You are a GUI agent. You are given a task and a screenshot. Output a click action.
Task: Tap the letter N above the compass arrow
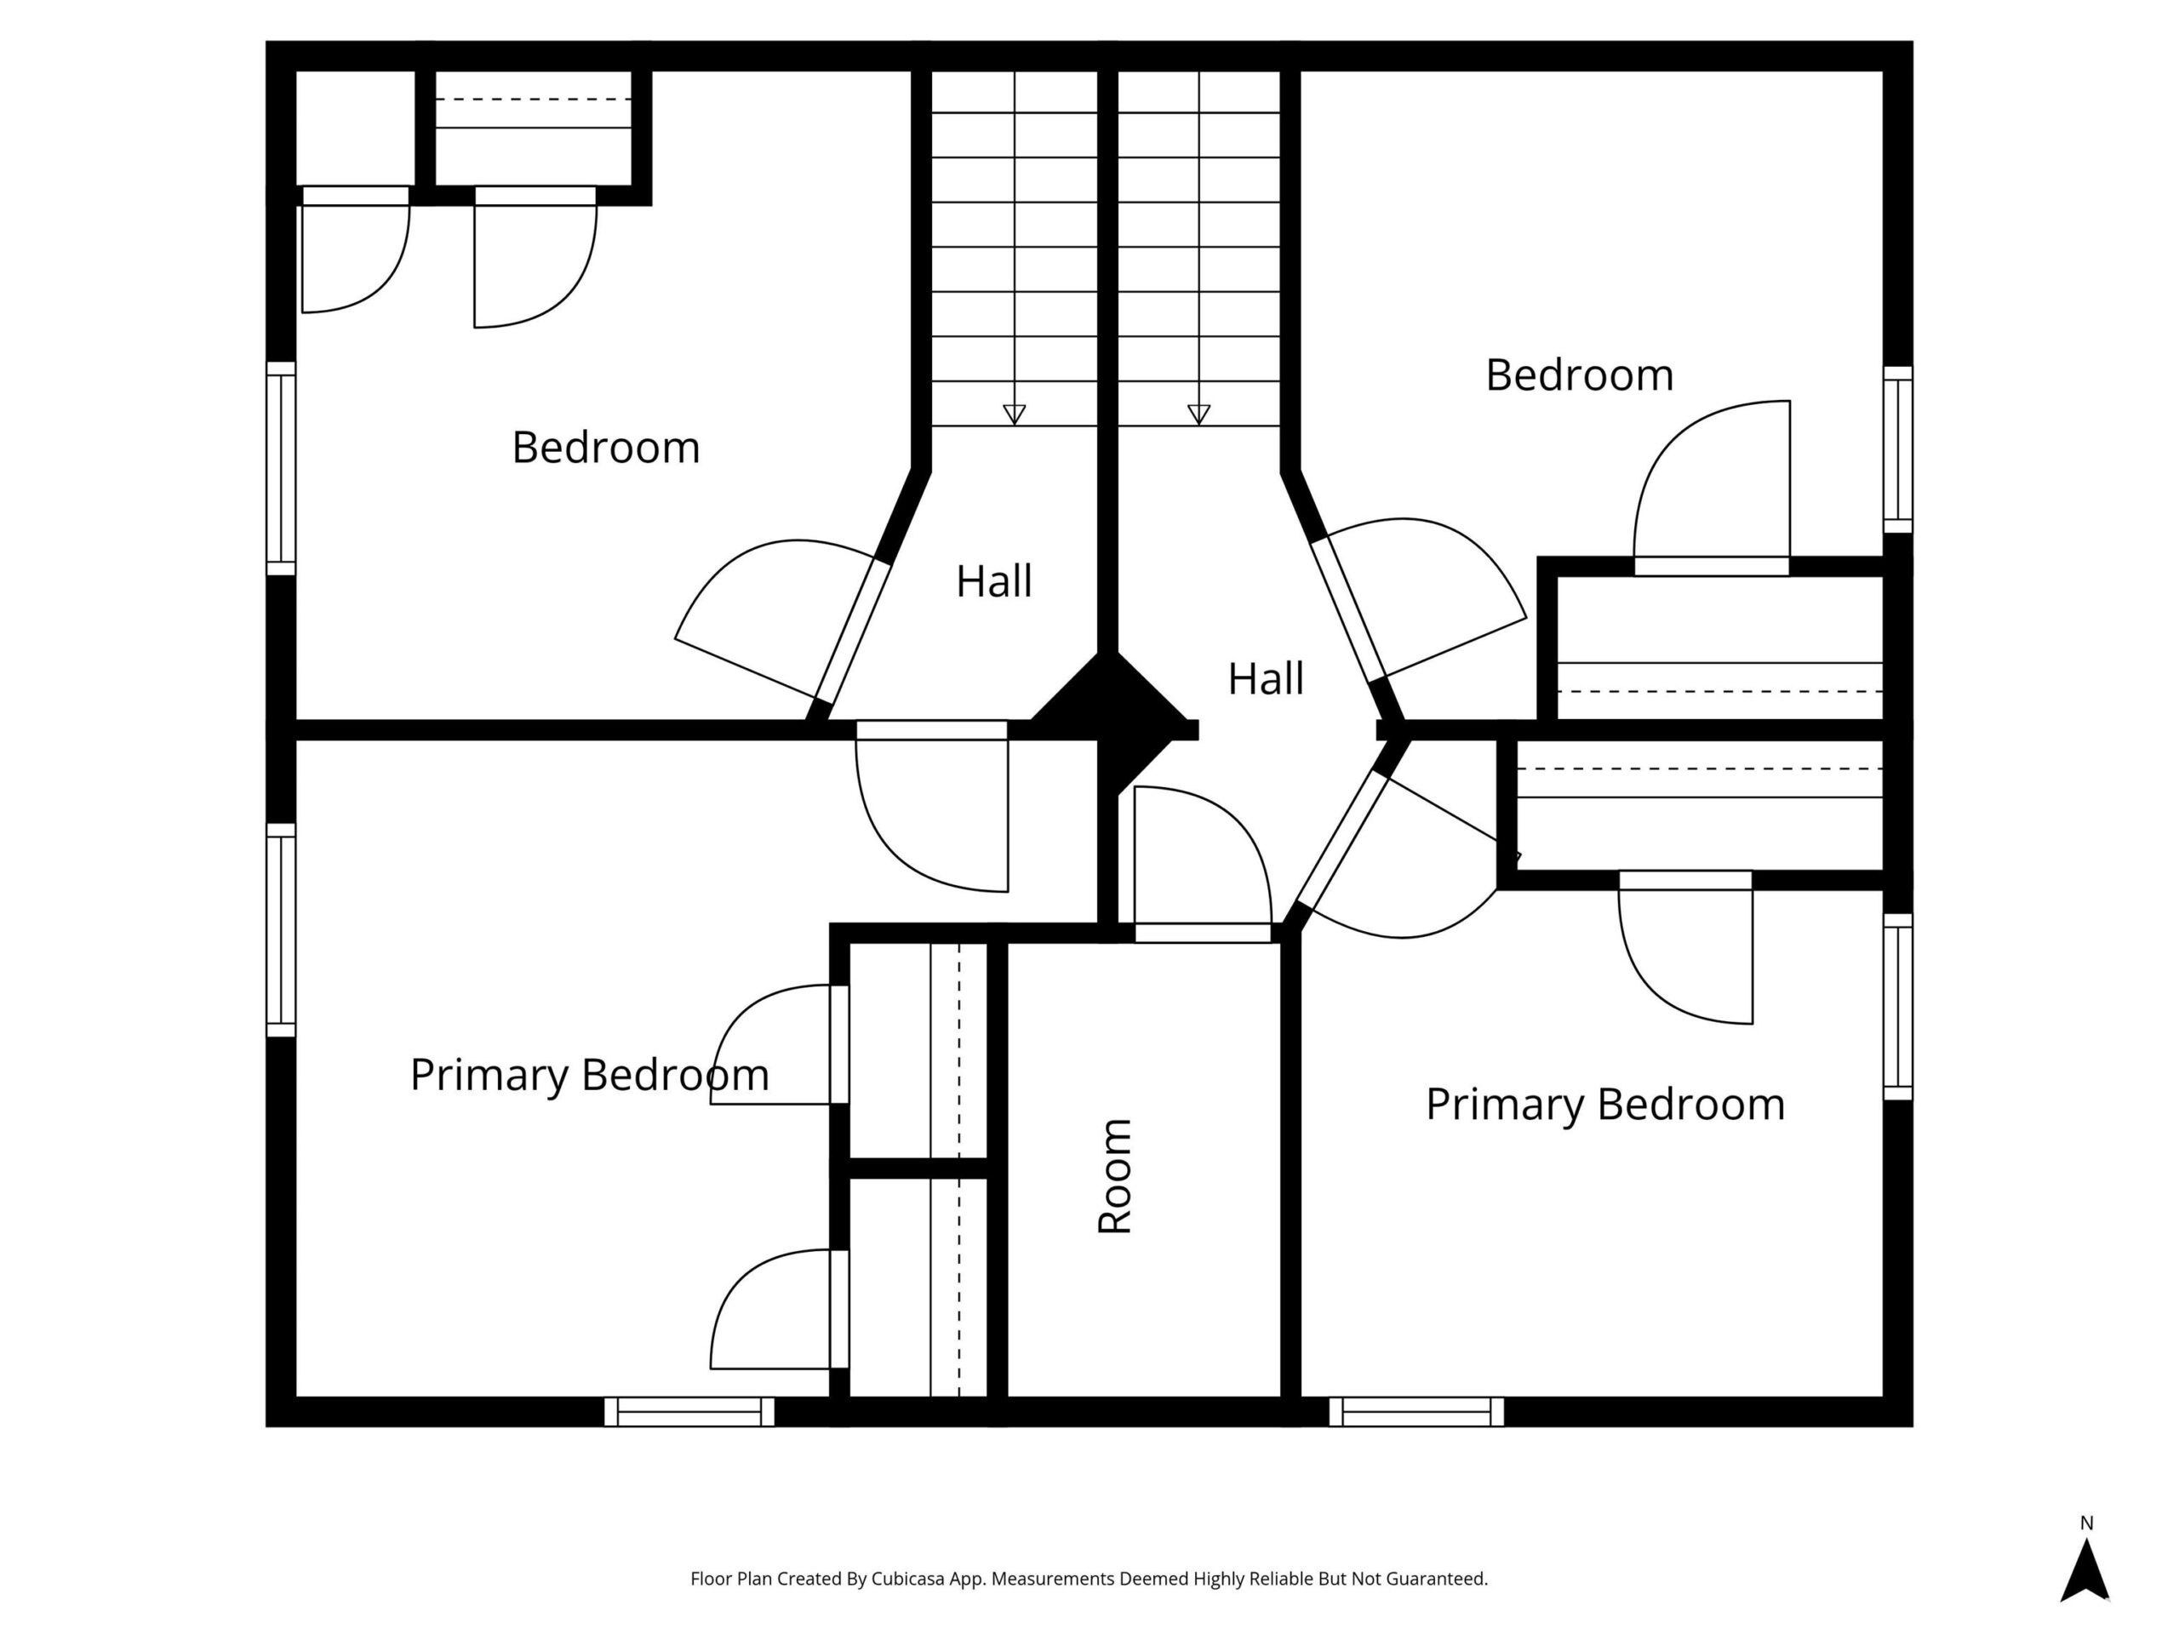(2086, 1523)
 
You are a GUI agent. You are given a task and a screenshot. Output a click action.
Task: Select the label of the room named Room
(1114, 1176)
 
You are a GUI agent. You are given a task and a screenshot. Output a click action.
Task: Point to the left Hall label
(994, 581)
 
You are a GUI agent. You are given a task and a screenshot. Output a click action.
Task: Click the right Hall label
(1266, 678)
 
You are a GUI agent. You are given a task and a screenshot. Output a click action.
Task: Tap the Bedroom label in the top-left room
(606, 447)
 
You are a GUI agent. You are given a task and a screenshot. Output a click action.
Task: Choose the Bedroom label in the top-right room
(1579, 375)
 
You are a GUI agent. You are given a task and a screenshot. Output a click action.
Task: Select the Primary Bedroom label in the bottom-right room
(1604, 1104)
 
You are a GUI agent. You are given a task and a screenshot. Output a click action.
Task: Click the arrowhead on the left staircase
(1015, 414)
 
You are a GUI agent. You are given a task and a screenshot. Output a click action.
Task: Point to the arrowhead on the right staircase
(1198, 414)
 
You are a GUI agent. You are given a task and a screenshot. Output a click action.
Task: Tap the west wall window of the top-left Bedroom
(282, 468)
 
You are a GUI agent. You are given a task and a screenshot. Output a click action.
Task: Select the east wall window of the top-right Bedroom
(1898, 449)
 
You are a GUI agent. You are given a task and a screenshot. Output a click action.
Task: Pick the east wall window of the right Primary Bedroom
(1898, 1007)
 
